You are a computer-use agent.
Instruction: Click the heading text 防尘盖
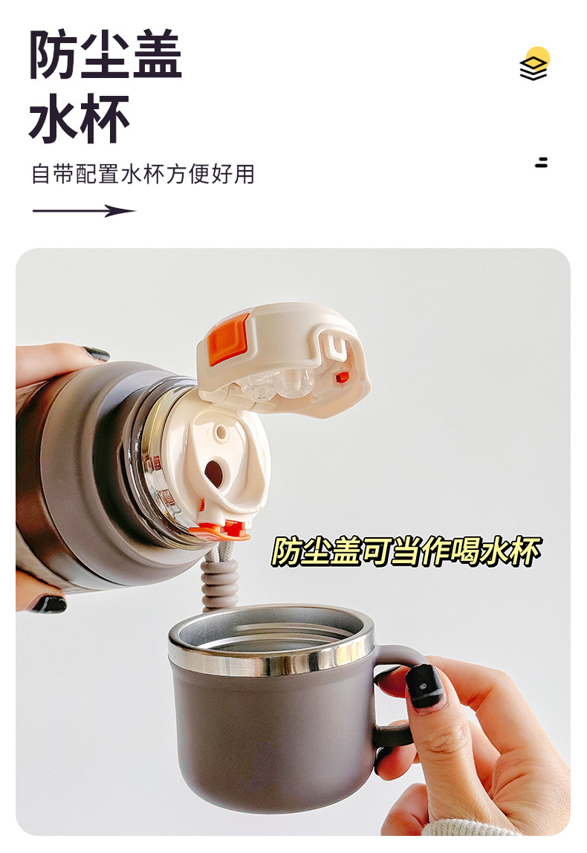click(x=106, y=54)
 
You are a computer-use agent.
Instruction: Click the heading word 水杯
click(x=80, y=118)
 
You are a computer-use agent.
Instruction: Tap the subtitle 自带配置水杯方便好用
click(x=143, y=174)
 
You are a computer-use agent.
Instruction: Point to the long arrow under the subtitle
click(x=84, y=211)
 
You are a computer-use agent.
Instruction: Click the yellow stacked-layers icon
click(x=534, y=64)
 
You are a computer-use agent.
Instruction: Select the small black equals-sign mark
click(x=541, y=162)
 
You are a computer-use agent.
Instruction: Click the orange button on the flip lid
click(x=230, y=332)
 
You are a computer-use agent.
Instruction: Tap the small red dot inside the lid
click(x=343, y=377)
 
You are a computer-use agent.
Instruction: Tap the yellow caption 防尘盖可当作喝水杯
click(x=406, y=551)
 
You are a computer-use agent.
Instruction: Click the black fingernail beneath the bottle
click(x=48, y=604)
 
